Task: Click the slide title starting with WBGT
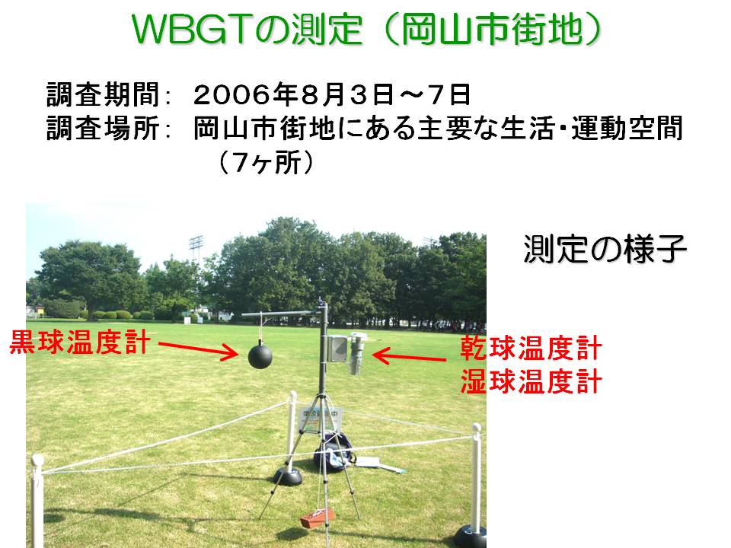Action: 367,29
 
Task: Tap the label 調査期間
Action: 103,94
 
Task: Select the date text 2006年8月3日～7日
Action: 332,94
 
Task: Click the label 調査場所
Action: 103,128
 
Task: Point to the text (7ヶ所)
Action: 266,162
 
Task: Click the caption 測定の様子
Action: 605,249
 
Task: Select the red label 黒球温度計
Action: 80,342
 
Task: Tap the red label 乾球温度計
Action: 531,348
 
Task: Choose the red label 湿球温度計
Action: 531,381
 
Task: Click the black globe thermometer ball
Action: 260,355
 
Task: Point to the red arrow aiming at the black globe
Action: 198,350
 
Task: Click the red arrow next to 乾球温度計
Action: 410,357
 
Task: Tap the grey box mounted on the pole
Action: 337,348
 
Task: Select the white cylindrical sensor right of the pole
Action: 356,352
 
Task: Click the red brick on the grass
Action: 318,518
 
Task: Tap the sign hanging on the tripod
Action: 321,418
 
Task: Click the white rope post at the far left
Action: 37,501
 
